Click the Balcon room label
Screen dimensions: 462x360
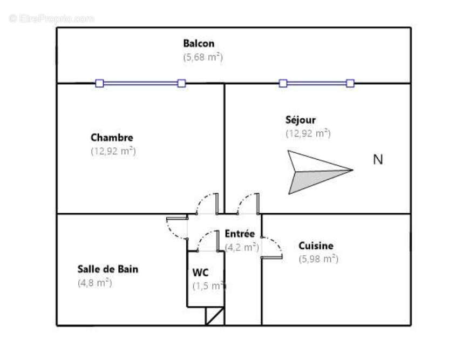199,43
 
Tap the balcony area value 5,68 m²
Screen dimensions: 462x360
203,57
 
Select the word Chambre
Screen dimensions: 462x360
112,138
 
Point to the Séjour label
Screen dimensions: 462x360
300,120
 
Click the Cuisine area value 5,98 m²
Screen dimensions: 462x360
318,259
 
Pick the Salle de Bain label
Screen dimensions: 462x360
108,269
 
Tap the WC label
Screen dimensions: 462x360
200,273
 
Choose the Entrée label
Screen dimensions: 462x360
240,234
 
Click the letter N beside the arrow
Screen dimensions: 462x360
378,159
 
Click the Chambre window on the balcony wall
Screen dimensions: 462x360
140,83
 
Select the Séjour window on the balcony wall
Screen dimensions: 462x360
316,83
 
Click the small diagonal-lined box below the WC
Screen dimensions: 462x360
215,316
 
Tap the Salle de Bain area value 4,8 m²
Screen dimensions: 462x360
95,283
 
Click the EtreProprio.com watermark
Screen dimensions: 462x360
52,18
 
